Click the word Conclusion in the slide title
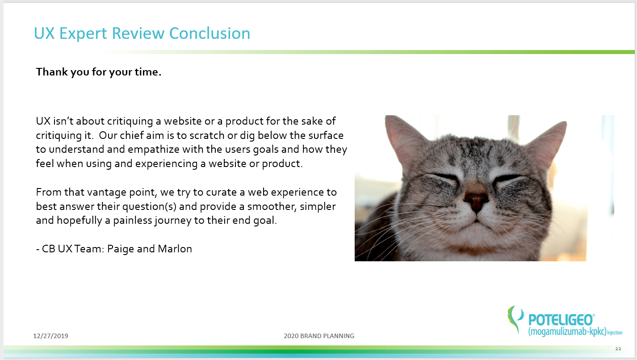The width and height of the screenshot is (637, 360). pyautogui.click(x=210, y=33)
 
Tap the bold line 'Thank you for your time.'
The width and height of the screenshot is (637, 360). pyautogui.click(x=98, y=72)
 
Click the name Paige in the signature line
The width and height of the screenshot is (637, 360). pyautogui.click(x=121, y=249)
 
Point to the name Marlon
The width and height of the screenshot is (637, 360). pyautogui.click(x=175, y=249)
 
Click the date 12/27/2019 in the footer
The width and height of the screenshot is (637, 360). pyautogui.click(x=50, y=336)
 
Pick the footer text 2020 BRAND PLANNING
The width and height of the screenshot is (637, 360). pyautogui.click(x=319, y=336)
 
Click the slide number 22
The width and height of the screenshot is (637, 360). pyautogui.click(x=618, y=349)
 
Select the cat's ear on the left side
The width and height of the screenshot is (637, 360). pyautogui.click(x=404, y=139)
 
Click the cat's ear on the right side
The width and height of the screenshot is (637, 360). pyautogui.click(x=547, y=142)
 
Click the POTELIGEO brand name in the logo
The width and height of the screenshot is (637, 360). pyautogui.click(x=561, y=320)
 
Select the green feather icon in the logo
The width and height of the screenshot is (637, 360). pyautogui.click(x=515, y=319)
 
